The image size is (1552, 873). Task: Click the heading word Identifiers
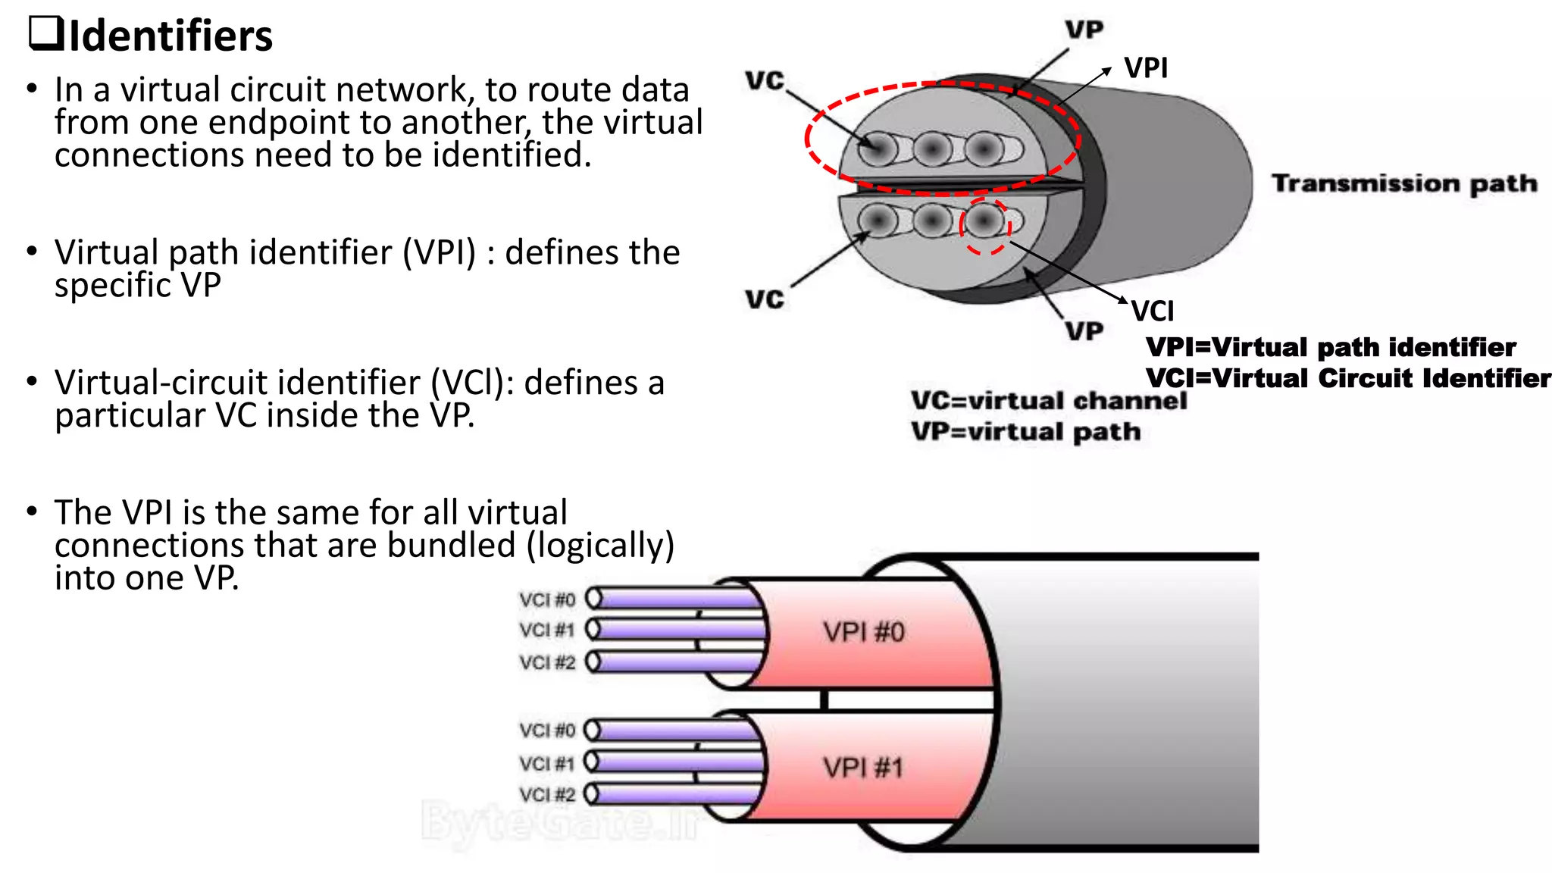coord(171,36)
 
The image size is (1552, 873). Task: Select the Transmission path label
coord(1404,183)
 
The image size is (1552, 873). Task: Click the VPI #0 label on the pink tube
coord(864,632)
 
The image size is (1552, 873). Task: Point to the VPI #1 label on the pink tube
coord(864,768)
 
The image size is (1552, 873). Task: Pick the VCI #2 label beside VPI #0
coord(547,663)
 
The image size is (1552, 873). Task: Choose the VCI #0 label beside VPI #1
coord(547,731)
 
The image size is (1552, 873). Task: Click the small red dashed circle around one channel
coord(985,226)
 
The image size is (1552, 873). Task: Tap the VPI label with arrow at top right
coord(1146,68)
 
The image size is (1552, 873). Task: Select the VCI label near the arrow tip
coord(1153,311)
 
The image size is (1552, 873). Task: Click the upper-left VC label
coord(765,80)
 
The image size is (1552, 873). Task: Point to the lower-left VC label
coord(765,299)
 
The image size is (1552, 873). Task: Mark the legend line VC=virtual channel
coord(1049,401)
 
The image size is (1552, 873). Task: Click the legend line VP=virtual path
coord(1025,432)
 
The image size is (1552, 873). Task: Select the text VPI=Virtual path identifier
coord(1331,347)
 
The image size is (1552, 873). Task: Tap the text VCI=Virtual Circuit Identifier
coord(1348,378)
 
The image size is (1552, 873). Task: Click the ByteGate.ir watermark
coord(561,821)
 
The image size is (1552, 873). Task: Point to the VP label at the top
coord(1084,30)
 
